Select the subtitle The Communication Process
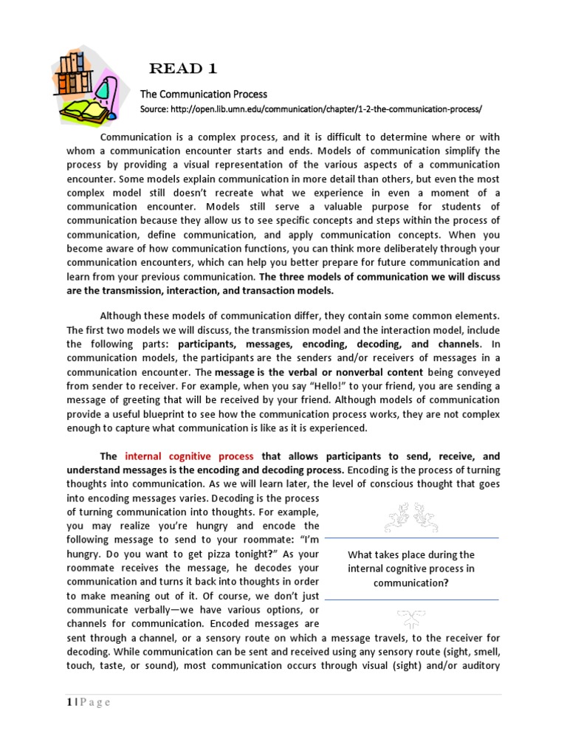(204, 94)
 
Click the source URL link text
(311, 109)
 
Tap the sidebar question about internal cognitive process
(411, 568)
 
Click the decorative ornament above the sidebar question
(410, 517)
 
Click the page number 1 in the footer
(69, 702)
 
